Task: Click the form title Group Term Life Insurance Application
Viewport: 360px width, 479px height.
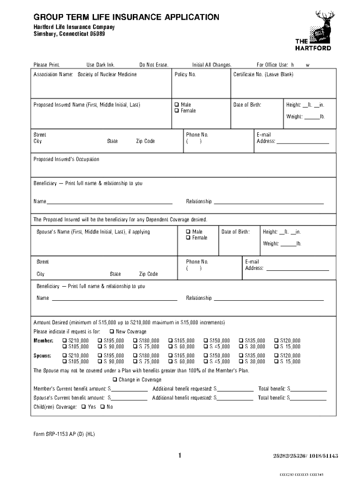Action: coord(126,17)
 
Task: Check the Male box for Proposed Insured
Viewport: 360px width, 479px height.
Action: coord(177,105)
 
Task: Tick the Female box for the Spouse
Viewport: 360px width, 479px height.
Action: coord(188,238)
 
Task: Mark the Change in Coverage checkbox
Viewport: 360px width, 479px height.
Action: coord(115,380)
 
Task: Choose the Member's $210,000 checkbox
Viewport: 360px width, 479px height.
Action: coord(65,341)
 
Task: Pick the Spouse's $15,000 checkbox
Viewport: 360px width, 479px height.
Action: coord(276,362)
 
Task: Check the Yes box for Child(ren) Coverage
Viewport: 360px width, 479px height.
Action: coord(84,407)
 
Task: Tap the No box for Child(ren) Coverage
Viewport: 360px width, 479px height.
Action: coord(102,407)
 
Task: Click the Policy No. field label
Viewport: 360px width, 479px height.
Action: coord(185,75)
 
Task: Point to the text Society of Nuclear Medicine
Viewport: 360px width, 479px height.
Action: coord(107,75)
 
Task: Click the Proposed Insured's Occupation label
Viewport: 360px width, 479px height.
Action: coord(66,159)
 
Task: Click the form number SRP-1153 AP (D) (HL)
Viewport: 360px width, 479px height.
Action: coord(64,434)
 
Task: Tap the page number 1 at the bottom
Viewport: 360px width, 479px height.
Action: coord(180,455)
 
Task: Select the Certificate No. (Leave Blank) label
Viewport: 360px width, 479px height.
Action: coord(263,75)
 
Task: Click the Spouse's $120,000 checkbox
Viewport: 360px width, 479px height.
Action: coord(276,356)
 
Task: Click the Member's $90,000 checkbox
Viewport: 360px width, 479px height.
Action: coord(100,347)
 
